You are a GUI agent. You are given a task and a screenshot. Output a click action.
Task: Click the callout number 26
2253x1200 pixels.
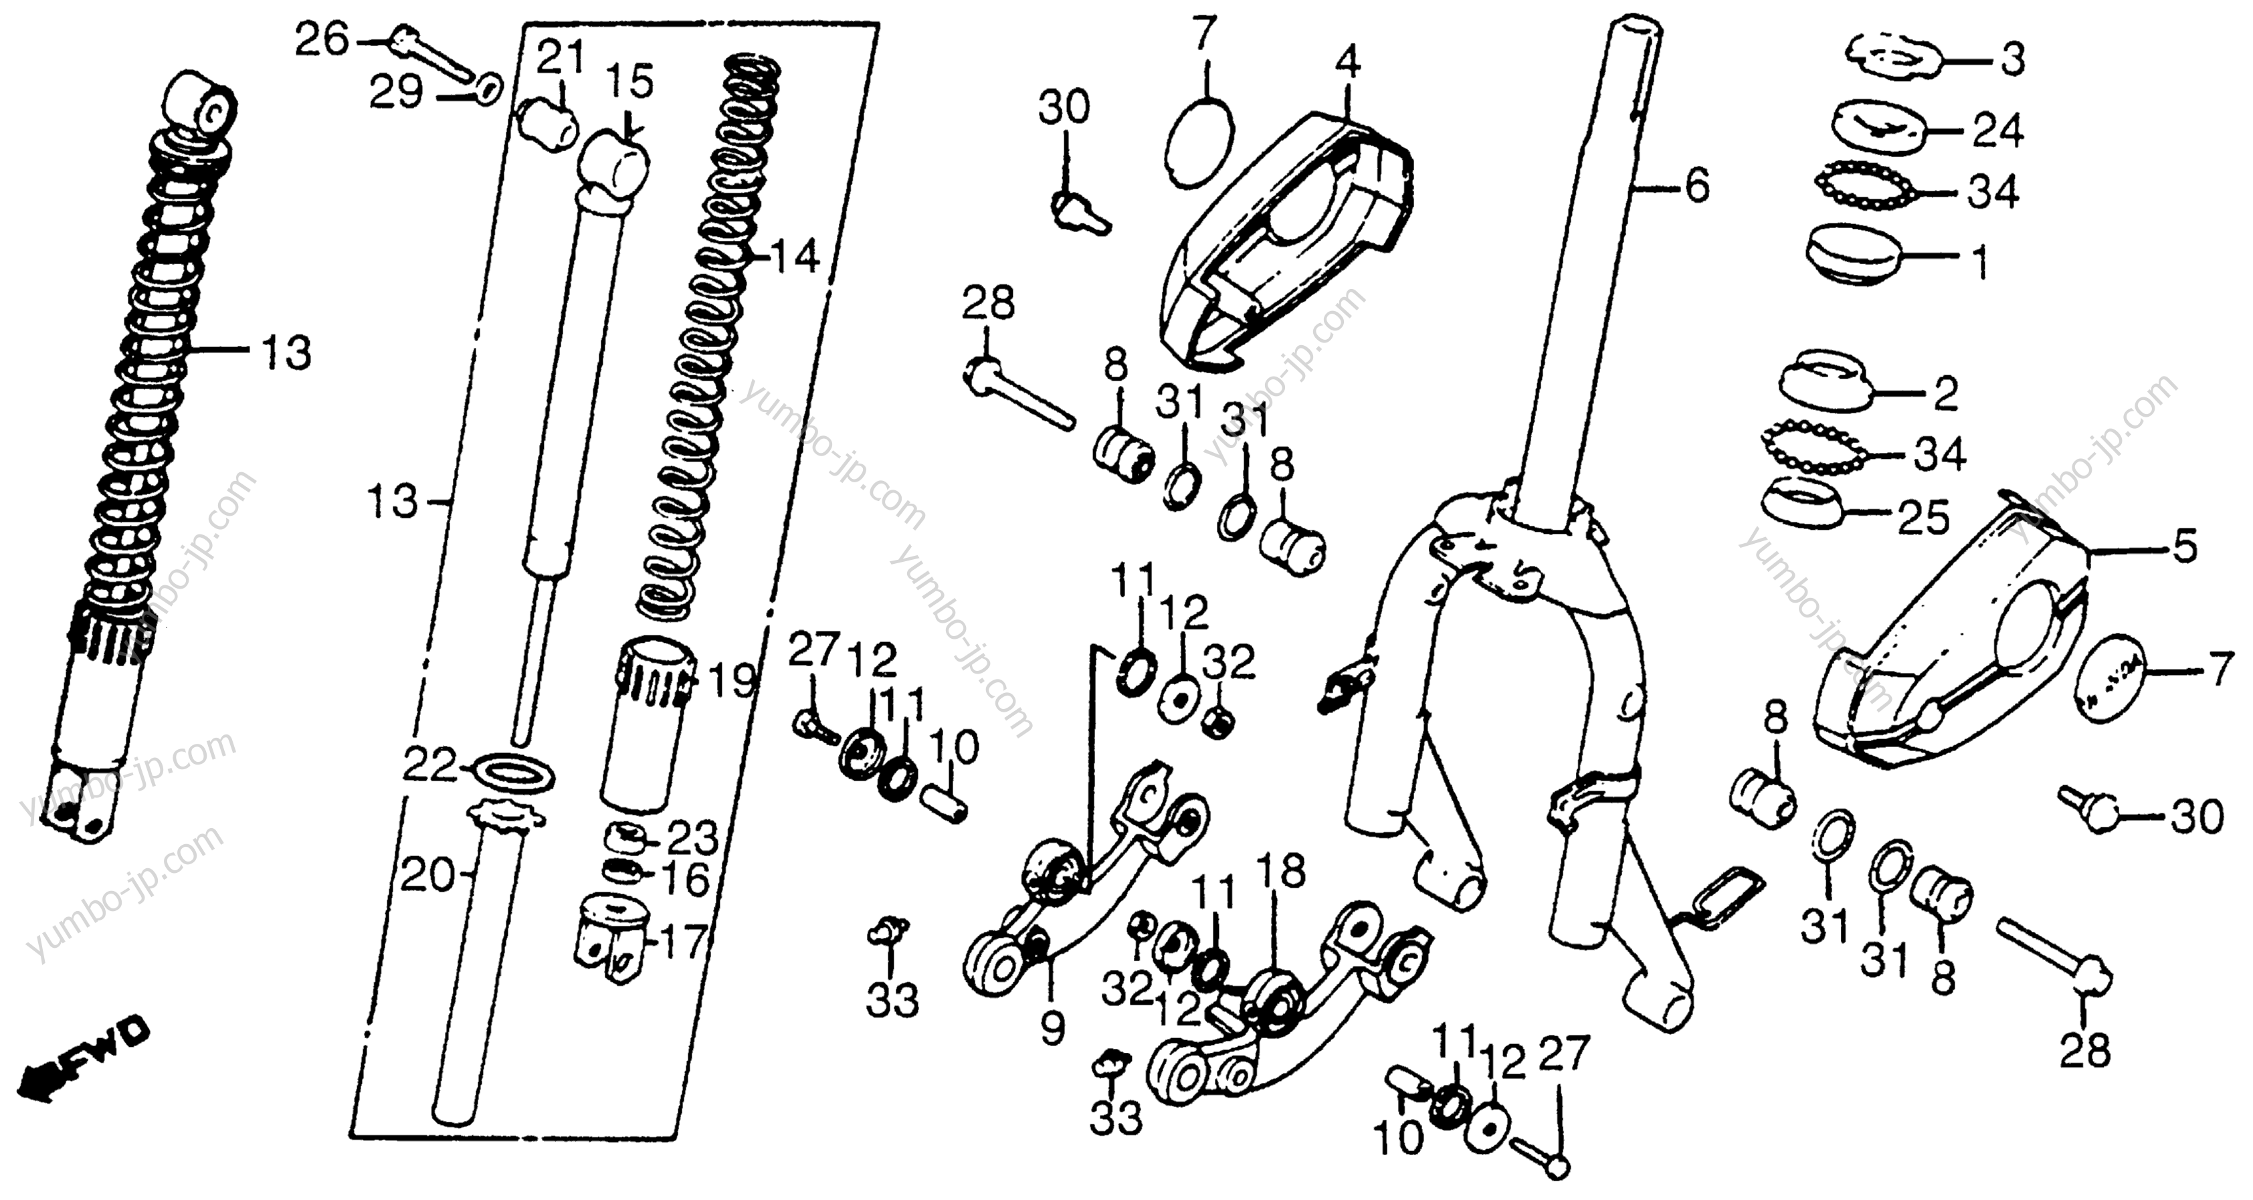321,40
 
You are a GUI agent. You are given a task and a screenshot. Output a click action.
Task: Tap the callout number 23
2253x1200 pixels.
694,838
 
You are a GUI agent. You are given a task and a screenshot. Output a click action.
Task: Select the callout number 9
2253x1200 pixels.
1053,1029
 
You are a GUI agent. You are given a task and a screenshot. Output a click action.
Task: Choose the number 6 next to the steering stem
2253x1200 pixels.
1696,185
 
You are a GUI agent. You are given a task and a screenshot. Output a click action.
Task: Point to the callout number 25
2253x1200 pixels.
1924,518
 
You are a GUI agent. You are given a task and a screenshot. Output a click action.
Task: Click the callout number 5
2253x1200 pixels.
2185,548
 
